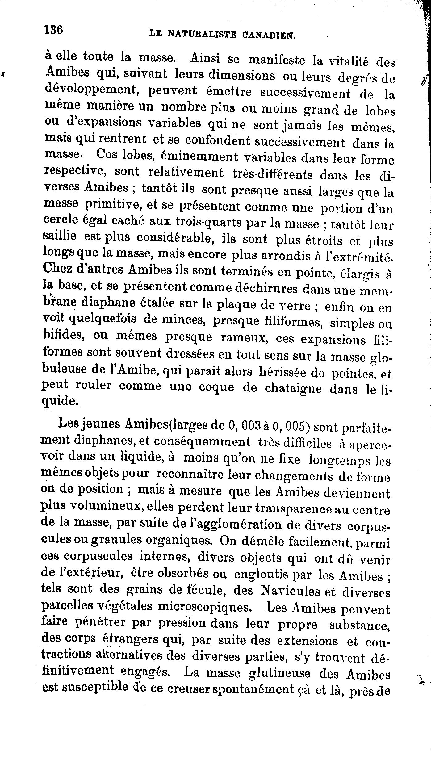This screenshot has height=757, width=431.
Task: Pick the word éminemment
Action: (199, 157)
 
